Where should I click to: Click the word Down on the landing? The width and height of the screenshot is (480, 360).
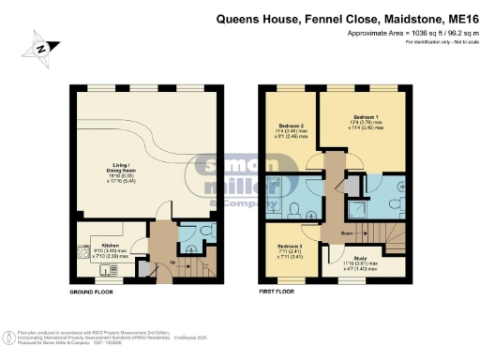[347, 234]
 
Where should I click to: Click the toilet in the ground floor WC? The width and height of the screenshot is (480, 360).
[206, 231]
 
